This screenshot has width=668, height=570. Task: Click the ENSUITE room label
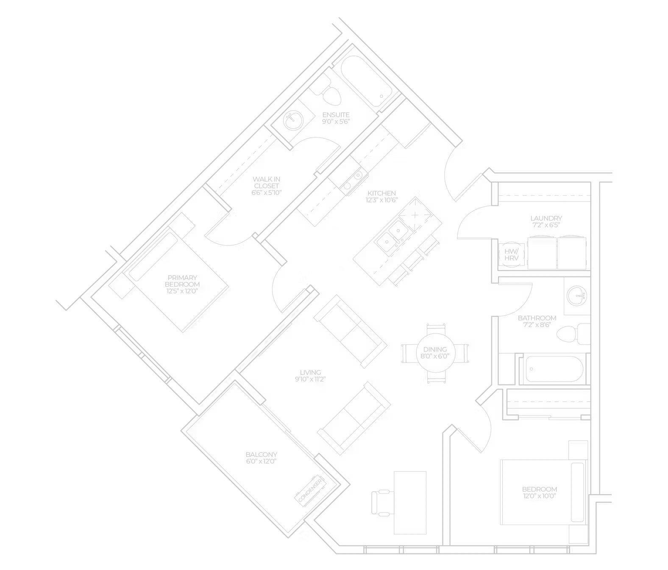tap(336, 115)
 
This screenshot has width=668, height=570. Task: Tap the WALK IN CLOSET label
tap(267, 183)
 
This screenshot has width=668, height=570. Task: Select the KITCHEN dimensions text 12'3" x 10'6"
tap(381, 200)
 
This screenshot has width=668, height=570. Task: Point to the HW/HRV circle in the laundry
tap(511, 255)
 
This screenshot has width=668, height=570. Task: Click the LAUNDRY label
tap(546, 219)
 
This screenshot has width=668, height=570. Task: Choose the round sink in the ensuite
tap(293, 120)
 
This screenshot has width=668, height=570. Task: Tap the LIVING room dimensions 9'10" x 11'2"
tap(310, 379)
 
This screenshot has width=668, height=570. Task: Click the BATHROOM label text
tap(537, 318)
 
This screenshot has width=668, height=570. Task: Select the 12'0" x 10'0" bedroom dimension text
tap(540, 496)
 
